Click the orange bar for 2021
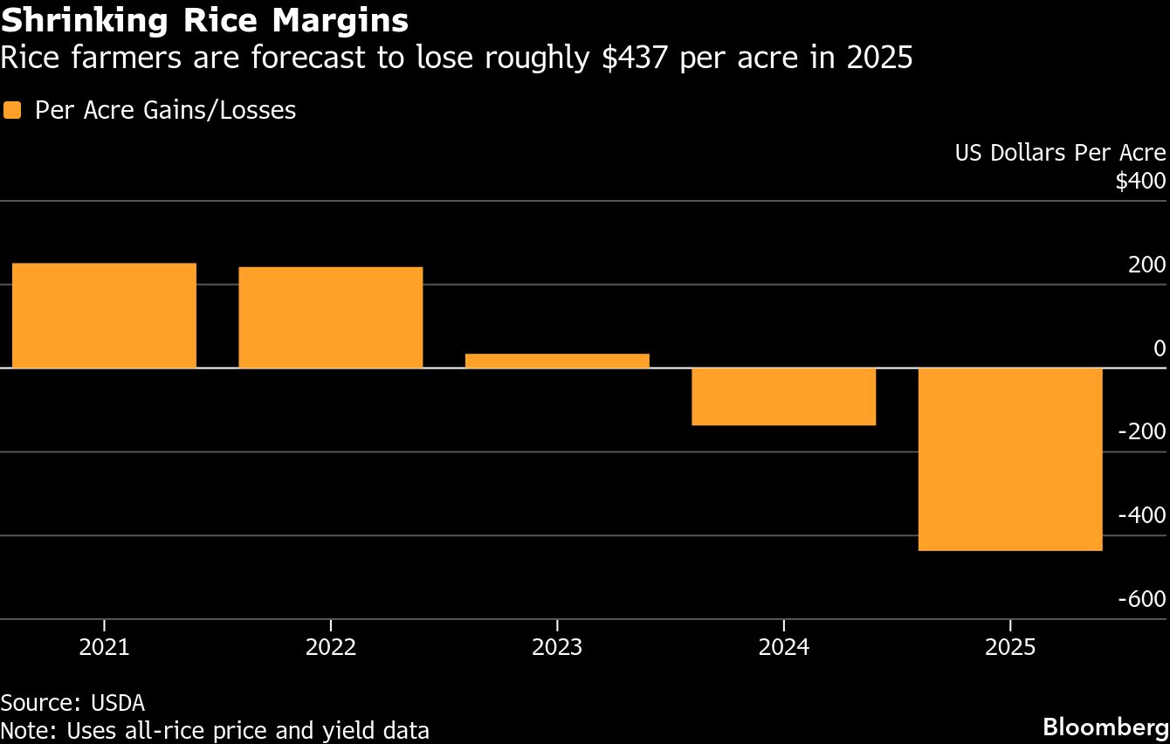104,315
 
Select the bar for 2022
330,317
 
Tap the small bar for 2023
557,361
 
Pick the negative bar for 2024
783,396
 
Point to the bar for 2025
1010,459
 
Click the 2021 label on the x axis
104,648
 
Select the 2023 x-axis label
557,648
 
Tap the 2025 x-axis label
1010,648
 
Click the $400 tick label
1140,182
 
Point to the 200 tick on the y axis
1146,265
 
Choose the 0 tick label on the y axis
1160,348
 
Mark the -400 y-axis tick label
1142,515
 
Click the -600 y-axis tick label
1142,599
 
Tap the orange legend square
11,111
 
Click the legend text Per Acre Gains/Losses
165,111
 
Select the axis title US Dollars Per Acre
1060,153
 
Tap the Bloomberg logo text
1106,727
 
